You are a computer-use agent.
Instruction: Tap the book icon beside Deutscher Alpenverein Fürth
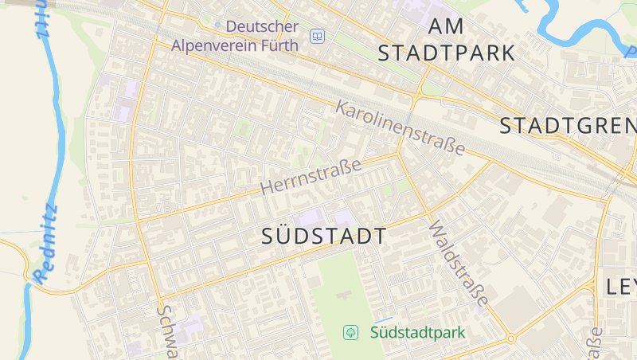pos(318,37)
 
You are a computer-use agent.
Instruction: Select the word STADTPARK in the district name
pos(446,53)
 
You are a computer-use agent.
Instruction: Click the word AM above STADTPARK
pos(446,25)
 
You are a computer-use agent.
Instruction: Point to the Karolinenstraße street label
pos(401,127)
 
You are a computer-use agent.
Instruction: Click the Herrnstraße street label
pos(311,177)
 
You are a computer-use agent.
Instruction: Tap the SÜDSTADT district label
pos(324,236)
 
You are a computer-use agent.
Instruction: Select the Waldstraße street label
pos(458,264)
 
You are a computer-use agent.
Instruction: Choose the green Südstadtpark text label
pos(417,332)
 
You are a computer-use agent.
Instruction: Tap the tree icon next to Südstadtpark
pos(350,332)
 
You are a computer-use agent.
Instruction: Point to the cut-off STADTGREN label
pos(568,126)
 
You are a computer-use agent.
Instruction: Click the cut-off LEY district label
pos(621,287)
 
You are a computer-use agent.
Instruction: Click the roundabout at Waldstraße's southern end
pos(510,338)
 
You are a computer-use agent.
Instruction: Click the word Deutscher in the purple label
pos(262,26)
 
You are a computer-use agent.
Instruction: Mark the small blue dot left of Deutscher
pos(218,26)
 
